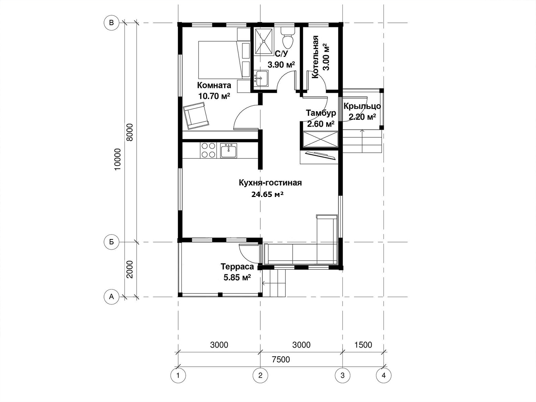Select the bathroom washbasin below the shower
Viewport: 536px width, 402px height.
click(x=262, y=78)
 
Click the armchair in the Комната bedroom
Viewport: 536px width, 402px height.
click(x=196, y=116)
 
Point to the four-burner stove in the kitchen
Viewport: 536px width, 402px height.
click(x=208, y=150)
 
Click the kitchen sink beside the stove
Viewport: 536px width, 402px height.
click(x=228, y=150)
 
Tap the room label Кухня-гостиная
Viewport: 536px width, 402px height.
click(x=270, y=183)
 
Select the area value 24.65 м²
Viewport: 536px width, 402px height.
click(x=267, y=195)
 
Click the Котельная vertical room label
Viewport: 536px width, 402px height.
click(x=315, y=57)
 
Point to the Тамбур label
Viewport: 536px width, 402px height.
click(x=321, y=113)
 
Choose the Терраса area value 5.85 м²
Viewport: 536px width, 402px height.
click(x=238, y=277)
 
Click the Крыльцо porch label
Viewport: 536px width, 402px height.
click(x=362, y=106)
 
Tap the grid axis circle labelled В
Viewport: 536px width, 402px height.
click(x=111, y=23)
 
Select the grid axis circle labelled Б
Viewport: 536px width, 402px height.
click(x=111, y=242)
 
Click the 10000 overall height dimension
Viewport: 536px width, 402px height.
click(x=118, y=159)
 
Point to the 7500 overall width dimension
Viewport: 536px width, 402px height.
click(x=281, y=359)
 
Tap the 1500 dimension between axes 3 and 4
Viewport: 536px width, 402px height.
click(x=363, y=345)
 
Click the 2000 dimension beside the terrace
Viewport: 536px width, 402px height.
click(x=129, y=269)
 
